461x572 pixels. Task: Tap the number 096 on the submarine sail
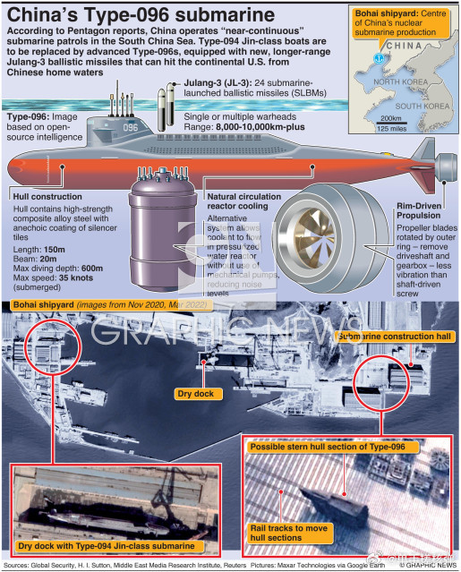[x=131, y=127]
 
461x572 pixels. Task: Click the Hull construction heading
[x=49, y=195]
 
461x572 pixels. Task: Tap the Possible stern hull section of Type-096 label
[x=328, y=446]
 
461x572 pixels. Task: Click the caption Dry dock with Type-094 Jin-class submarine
[x=107, y=545]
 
